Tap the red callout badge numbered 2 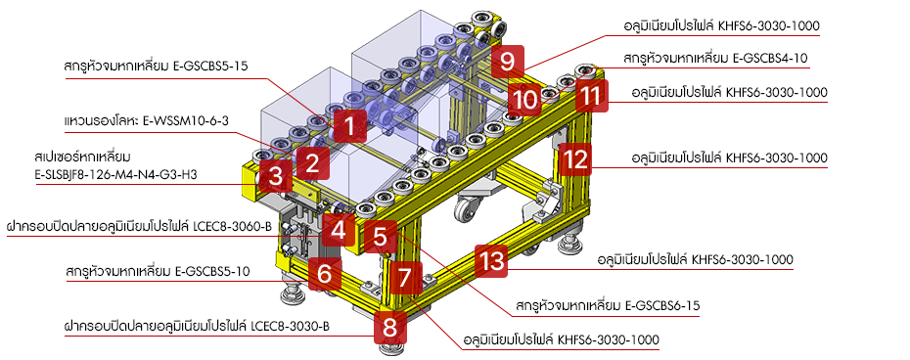click(312, 160)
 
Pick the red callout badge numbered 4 click(339, 231)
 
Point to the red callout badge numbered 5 click(381, 235)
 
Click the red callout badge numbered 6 click(324, 275)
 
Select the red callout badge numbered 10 click(524, 98)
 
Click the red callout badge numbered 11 click(589, 97)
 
